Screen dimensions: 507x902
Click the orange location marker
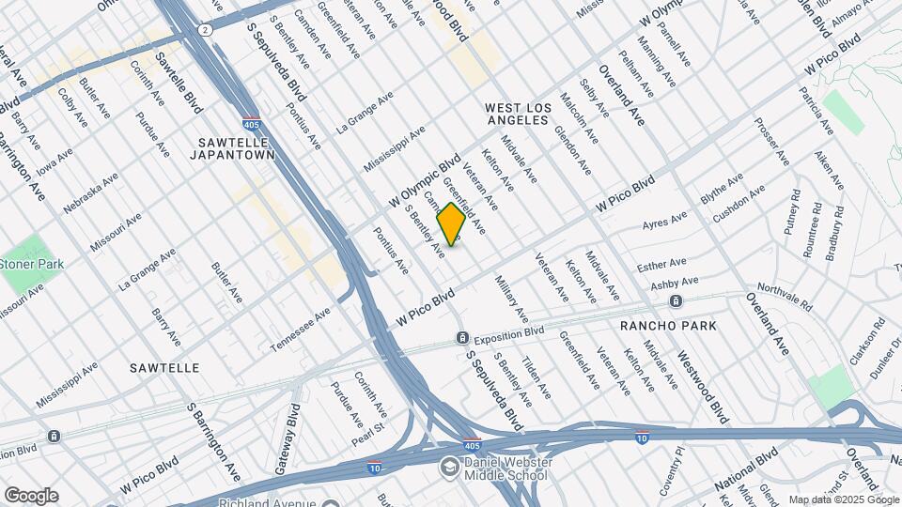coord(451,223)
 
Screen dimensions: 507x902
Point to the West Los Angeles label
coord(517,115)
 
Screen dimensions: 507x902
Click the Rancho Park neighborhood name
coord(668,326)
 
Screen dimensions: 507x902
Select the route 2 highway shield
coord(206,30)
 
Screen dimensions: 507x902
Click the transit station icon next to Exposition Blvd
coord(461,338)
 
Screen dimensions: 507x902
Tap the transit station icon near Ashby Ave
coord(676,301)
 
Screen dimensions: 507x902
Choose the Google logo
coord(31,495)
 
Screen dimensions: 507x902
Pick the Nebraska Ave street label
coord(91,192)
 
